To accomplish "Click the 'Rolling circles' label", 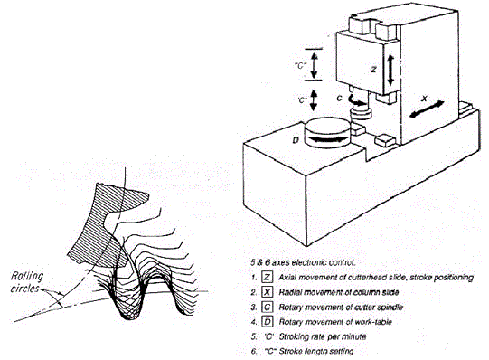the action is [x=27, y=282].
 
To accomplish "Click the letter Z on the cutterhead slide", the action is [x=373, y=70].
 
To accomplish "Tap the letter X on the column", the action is [x=424, y=99].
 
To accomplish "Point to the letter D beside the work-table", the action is [x=296, y=140].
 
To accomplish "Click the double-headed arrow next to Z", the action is [x=390, y=70].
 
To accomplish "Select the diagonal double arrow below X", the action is [x=427, y=109].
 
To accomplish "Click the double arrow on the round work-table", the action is [x=326, y=139].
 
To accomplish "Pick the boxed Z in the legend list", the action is [x=268, y=277].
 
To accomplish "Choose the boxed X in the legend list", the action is [x=268, y=292].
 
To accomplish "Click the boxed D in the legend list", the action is [x=268, y=322].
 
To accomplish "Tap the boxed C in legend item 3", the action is [x=268, y=307].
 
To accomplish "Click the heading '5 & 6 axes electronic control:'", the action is [x=303, y=262].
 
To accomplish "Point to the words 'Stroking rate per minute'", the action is [x=323, y=336].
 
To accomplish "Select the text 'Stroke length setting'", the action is [x=316, y=351].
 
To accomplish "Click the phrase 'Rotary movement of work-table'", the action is [x=335, y=322].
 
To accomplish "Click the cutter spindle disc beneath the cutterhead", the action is [x=361, y=113].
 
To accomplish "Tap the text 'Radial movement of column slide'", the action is [x=339, y=292].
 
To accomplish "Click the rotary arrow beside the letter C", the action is [x=358, y=100].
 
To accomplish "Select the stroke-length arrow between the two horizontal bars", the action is [x=314, y=64].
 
